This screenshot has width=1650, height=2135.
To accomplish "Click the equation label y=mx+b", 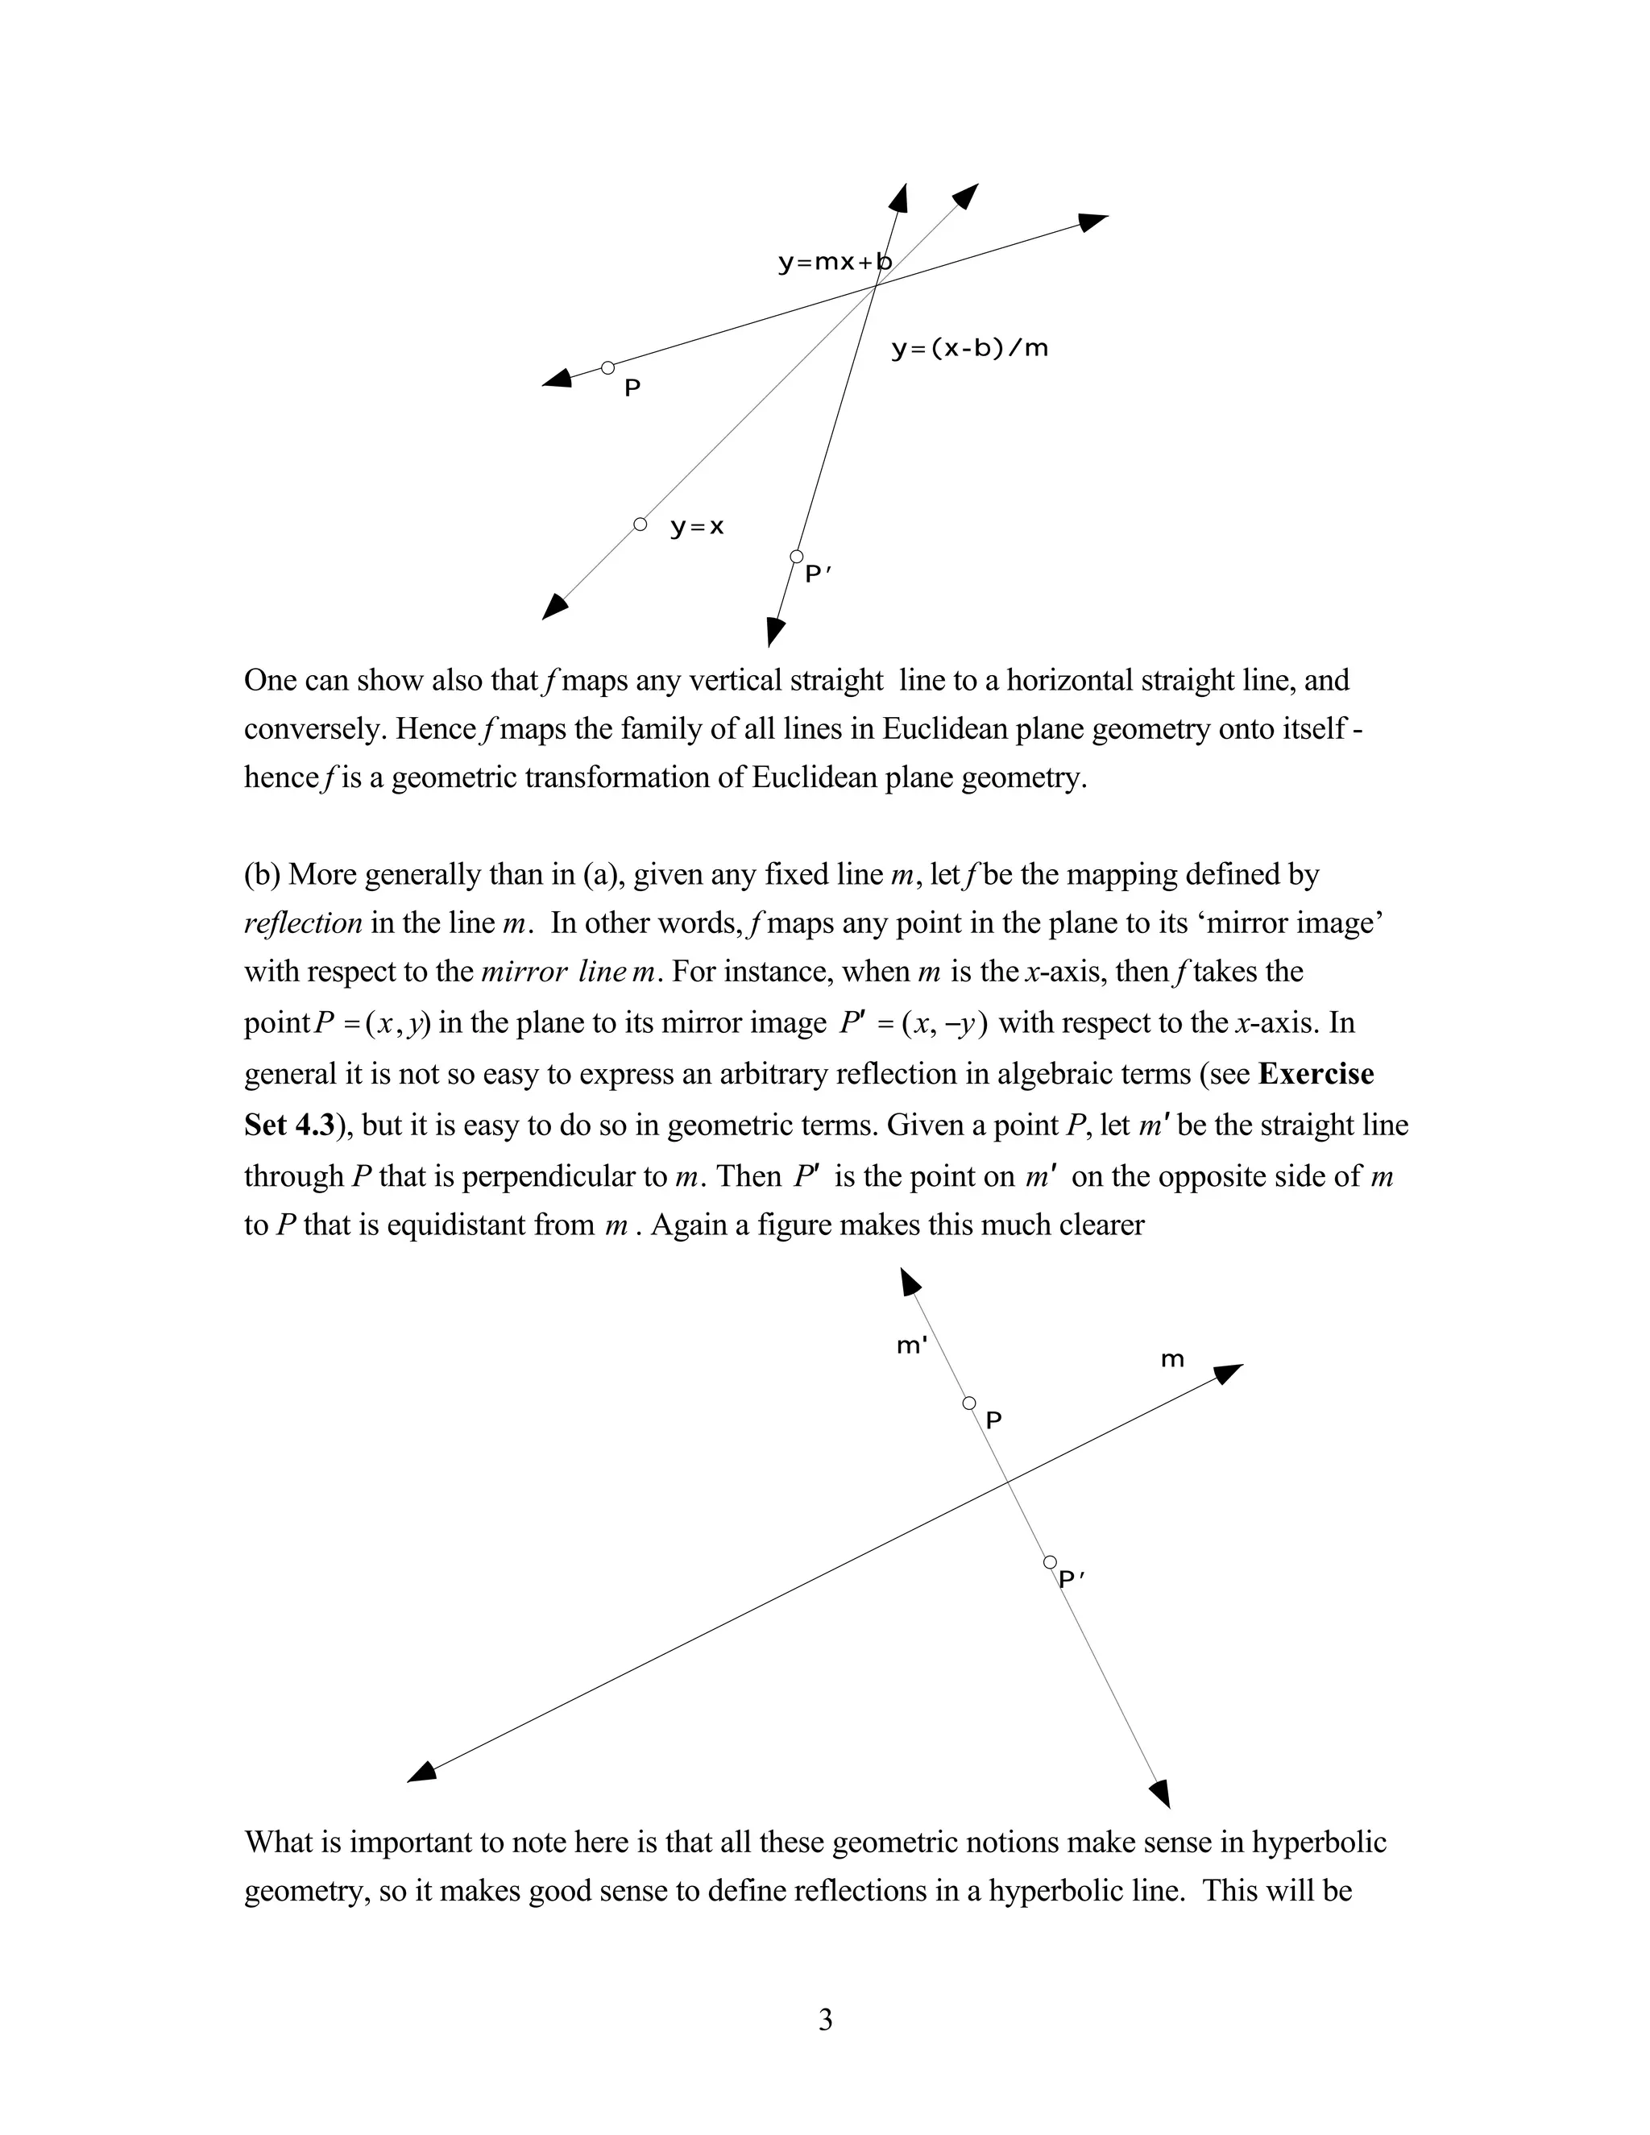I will (x=834, y=263).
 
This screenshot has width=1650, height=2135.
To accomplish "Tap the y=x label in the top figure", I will (x=697, y=528).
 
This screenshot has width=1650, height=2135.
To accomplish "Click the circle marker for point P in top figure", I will (x=608, y=368).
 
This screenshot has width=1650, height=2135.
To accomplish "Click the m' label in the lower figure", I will (x=911, y=1346).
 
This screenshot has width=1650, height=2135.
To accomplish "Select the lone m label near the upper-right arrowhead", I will (x=1172, y=1360).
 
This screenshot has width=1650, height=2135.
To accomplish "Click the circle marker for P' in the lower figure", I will (x=1050, y=1563).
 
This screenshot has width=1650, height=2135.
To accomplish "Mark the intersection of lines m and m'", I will (x=1009, y=1484).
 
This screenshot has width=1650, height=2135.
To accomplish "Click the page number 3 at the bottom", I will (x=825, y=2021).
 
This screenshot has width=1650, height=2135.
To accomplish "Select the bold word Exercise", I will (x=1316, y=1074).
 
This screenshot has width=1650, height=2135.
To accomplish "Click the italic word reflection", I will (x=303, y=922).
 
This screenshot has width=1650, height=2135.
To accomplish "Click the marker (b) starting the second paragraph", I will (x=262, y=874).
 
